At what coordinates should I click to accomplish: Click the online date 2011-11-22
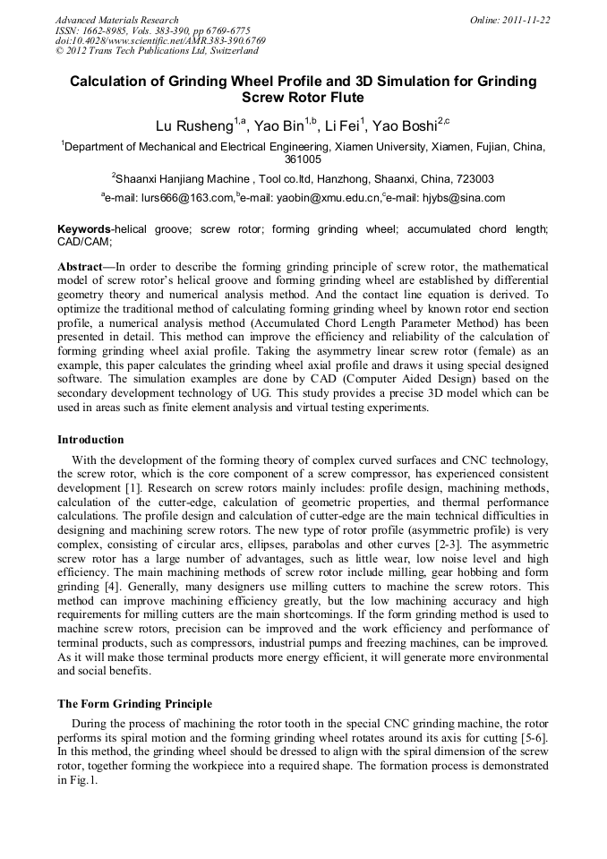[x=526, y=20]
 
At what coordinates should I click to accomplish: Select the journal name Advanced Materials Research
[x=117, y=20]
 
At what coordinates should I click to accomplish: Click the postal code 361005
[x=303, y=159]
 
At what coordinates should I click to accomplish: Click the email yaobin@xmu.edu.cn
[x=326, y=198]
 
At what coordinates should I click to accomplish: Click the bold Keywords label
[x=84, y=230]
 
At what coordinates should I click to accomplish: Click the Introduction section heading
[x=90, y=440]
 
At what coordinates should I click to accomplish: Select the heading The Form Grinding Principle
[x=134, y=704]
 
